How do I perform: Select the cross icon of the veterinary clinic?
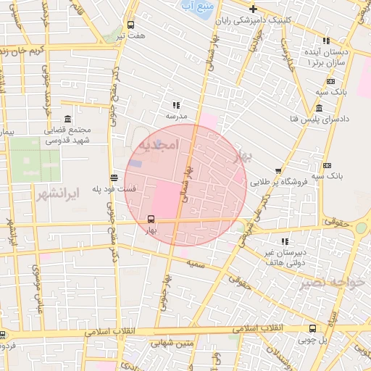272,7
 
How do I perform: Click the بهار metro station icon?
151,218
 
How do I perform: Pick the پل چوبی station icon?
313,328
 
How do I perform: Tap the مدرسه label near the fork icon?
177,115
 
